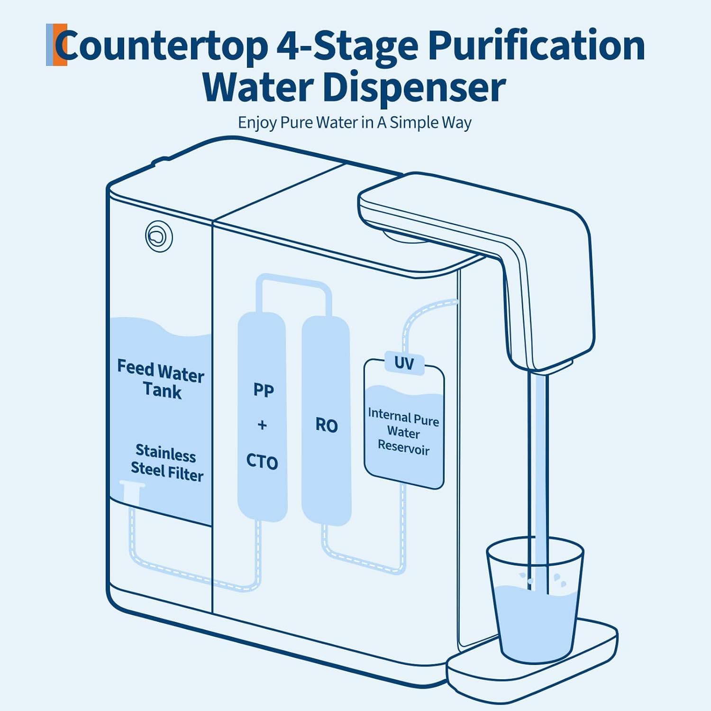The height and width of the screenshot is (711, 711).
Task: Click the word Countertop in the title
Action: click(161, 46)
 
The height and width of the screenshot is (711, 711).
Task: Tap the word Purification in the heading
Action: click(536, 46)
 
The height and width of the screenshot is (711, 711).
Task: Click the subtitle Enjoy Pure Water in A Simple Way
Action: click(355, 122)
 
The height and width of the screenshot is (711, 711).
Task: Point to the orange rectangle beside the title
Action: click(60, 45)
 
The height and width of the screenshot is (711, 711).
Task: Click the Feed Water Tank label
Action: click(161, 379)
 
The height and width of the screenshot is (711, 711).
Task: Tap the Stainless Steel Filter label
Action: click(166, 463)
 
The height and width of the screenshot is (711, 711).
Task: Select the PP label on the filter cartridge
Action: click(264, 390)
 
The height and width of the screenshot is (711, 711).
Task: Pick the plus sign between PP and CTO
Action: click(262, 425)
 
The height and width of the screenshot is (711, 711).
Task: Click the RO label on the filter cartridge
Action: click(327, 425)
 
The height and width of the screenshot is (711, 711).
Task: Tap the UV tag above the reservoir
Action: click(404, 364)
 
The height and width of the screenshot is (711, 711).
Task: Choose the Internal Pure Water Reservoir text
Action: click(403, 432)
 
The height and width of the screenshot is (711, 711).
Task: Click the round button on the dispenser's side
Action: click(159, 236)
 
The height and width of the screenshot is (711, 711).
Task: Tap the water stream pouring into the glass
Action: click(538, 479)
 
